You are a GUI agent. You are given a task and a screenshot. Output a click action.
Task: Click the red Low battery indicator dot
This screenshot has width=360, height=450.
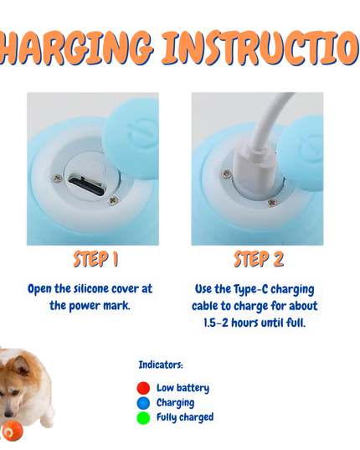143,388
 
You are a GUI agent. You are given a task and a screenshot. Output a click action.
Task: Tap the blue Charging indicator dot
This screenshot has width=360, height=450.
143,403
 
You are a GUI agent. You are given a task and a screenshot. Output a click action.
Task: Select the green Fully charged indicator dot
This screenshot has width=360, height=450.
143,418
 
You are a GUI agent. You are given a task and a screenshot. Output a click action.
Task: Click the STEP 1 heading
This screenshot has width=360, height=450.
95,259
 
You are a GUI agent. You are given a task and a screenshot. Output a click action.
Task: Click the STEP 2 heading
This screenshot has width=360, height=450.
259,259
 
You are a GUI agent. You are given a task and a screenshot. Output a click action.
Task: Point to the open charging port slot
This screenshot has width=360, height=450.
87,187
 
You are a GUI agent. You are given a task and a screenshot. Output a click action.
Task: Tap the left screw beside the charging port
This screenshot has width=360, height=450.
58,178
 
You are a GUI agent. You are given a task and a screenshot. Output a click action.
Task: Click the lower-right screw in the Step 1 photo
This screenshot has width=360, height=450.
113,200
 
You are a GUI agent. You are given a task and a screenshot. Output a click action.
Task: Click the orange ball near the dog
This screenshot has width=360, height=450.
13,431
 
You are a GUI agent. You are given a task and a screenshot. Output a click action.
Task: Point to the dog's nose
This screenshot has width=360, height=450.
8,415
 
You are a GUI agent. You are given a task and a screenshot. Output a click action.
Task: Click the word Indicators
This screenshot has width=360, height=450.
161,365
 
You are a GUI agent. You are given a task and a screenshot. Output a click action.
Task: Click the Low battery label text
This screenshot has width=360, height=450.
183,388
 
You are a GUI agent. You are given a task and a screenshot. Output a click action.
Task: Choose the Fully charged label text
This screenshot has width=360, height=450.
185,417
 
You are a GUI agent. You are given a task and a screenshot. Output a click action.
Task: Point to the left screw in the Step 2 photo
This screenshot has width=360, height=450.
226,173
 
